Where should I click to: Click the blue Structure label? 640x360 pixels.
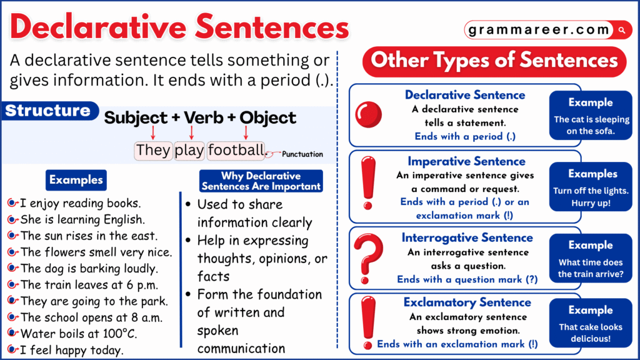pos(48,111)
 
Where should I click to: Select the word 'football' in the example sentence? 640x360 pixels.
pos(236,150)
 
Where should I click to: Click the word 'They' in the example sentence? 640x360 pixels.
pos(153,150)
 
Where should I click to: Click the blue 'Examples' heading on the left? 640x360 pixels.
pos(76,180)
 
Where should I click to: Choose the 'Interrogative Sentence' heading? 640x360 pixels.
pos(467,237)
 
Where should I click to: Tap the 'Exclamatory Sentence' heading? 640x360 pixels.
pos(467,302)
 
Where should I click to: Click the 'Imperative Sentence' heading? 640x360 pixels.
pos(467,161)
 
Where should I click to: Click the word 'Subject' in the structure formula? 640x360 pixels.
pos(136,117)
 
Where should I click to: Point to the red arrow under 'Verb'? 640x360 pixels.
pos(191,132)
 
